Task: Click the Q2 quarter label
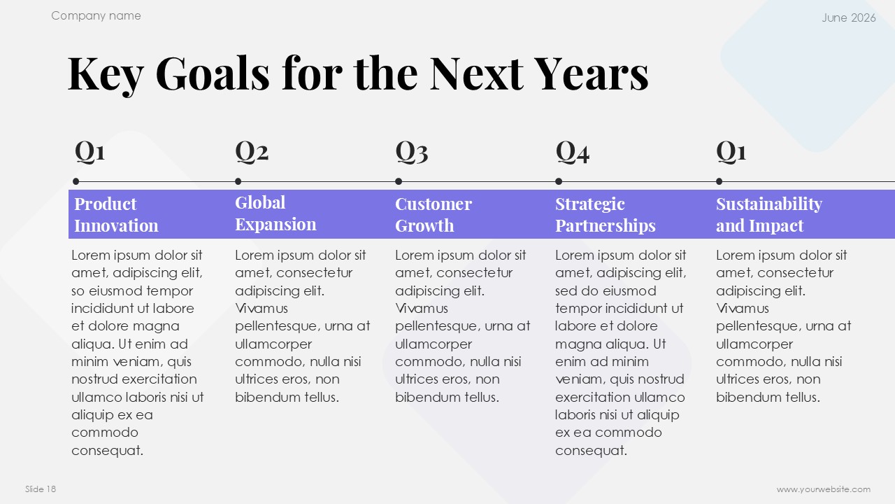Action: pos(252,152)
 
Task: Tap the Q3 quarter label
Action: pos(412,152)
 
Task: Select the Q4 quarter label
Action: pos(572,152)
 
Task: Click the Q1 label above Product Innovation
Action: pos(90,152)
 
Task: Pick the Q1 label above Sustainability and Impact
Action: pos(731,152)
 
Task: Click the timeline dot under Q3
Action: pos(399,181)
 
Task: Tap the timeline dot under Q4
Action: pos(559,181)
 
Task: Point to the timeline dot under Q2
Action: pos(238,181)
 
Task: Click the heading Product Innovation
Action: pos(116,215)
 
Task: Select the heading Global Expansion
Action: pos(275,213)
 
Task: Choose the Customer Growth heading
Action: pos(434,215)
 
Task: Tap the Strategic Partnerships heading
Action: pos(606,215)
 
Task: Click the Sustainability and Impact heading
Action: pos(769,215)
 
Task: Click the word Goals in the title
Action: pos(213,73)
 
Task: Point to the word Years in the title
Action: pos(591,73)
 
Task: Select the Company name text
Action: pos(96,16)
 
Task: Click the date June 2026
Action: pos(849,17)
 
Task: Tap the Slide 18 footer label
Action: pos(41,489)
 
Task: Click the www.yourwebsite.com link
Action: pos(824,489)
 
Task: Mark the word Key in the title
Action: pos(106,76)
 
